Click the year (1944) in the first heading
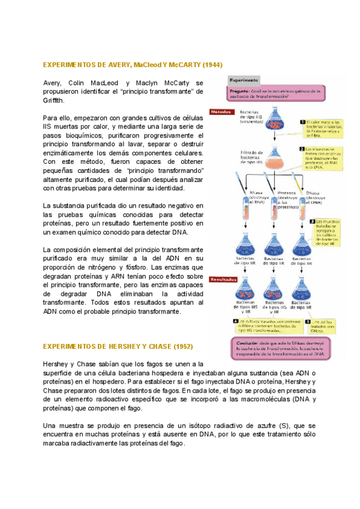click(212, 64)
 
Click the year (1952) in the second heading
click(183, 347)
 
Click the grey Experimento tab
click(244, 80)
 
